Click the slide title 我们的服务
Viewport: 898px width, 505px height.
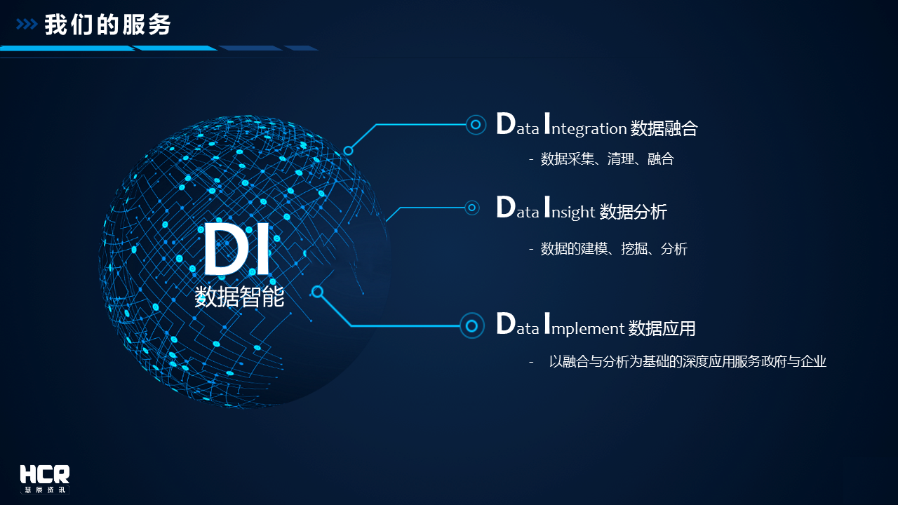coord(107,25)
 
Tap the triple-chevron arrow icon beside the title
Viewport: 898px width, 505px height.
coord(27,25)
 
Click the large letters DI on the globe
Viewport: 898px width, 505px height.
coord(236,249)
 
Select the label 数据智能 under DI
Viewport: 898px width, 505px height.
coord(239,297)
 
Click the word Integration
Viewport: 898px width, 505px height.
coord(585,125)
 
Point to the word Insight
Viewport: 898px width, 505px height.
coord(570,208)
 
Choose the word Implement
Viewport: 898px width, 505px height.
coord(584,324)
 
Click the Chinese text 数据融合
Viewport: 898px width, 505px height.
coord(664,128)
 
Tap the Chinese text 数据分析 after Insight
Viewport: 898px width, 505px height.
coord(633,212)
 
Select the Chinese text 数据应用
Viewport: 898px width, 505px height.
coord(662,328)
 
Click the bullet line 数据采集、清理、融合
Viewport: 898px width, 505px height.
coord(607,159)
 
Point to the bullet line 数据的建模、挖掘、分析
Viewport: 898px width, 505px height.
coord(614,248)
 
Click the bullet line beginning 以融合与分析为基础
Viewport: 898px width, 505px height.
coord(688,361)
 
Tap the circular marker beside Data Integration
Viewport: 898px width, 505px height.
coord(476,125)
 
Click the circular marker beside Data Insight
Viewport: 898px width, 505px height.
coord(472,208)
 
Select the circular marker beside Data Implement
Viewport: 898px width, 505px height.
coord(472,325)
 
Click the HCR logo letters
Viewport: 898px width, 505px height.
coord(45,474)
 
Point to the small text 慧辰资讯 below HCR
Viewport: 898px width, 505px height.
coord(45,490)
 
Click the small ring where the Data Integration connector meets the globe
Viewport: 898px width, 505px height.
coord(348,151)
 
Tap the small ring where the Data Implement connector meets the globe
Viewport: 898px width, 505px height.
coord(317,291)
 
